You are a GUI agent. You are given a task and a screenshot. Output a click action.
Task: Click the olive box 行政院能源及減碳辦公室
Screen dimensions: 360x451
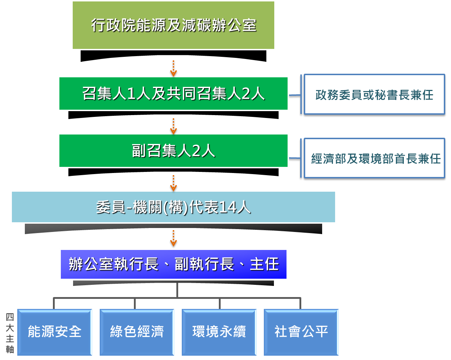click(x=173, y=25)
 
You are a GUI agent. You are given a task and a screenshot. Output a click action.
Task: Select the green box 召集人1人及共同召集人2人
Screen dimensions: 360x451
click(x=173, y=94)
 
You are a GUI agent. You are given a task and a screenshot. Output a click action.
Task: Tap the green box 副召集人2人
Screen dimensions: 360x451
click(x=173, y=151)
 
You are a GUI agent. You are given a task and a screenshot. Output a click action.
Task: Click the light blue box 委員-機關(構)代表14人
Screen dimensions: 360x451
click(x=173, y=207)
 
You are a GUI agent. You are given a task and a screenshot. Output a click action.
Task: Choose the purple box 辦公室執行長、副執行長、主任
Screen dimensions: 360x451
click(x=173, y=264)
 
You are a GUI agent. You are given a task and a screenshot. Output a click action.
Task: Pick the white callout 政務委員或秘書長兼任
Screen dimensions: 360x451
click(x=374, y=95)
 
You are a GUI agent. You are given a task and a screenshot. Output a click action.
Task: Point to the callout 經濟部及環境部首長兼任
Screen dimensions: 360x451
click(x=374, y=158)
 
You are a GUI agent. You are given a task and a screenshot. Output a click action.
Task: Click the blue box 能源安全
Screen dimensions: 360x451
click(x=55, y=332)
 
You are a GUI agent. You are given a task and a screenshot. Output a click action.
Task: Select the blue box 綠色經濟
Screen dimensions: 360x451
click(x=137, y=332)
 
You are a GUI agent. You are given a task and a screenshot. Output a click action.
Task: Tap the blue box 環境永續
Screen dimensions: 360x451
click(x=219, y=332)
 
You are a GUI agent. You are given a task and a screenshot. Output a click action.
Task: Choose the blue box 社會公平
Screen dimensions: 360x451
click(x=301, y=332)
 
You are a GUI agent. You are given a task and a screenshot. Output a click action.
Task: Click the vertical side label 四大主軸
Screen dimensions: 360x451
click(x=10, y=333)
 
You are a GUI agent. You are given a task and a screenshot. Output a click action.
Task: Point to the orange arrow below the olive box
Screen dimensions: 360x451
click(x=173, y=68)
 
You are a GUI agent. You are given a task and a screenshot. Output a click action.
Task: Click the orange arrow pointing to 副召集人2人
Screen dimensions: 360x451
click(x=173, y=126)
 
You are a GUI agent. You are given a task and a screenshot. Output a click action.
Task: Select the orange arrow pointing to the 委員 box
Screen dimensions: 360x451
click(x=173, y=183)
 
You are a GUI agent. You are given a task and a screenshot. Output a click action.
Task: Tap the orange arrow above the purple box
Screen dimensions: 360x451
click(x=173, y=238)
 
